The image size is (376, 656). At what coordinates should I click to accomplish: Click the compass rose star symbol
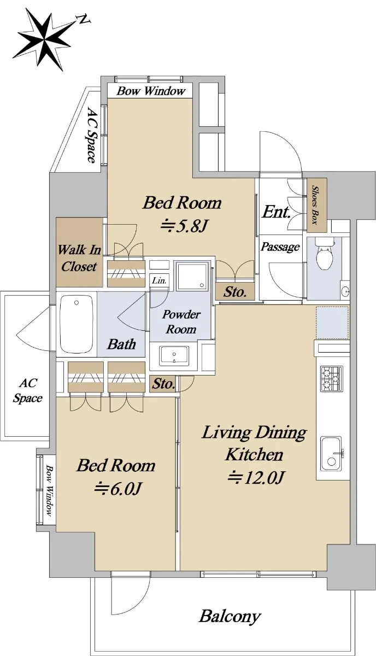click(x=44, y=39)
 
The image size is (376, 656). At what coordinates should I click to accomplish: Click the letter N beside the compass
click(x=84, y=19)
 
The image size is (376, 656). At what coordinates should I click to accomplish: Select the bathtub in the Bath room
click(x=77, y=325)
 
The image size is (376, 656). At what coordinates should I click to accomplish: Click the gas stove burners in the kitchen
click(x=332, y=379)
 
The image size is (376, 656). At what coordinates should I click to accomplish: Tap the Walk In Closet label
click(x=79, y=258)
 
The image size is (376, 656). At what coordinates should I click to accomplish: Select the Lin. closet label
click(x=159, y=280)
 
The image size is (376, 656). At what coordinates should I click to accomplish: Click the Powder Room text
click(x=181, y=321)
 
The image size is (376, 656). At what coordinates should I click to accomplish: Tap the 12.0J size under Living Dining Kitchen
click(x=256, y=477)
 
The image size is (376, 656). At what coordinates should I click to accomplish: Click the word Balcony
click(x=230, y=617)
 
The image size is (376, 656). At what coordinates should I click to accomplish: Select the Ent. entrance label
click(x=276, y=212)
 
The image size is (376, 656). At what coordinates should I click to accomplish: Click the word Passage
click(x=280, y=247)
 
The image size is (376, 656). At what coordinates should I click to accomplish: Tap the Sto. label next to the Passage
click(x=234, y=292)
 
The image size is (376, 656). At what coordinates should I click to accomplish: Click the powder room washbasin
click(x=174, y=355)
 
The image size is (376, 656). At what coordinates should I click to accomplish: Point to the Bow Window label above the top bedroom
click(x=151, y=91)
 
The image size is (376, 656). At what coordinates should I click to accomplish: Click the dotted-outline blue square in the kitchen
click(x=332, y=322)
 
